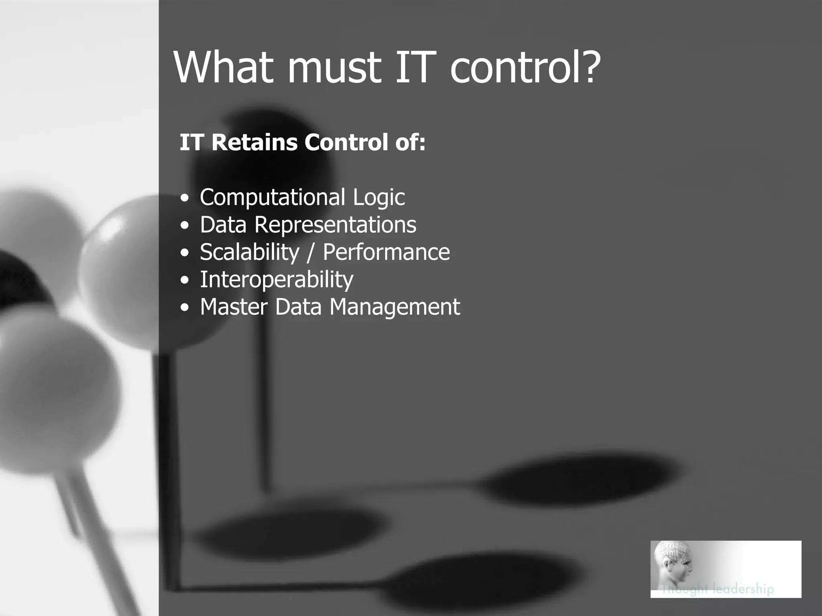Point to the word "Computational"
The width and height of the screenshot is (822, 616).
[273, 197]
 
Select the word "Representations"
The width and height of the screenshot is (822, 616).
[336, 225]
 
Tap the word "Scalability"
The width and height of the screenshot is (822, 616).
[250, 252]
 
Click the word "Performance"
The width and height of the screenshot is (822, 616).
[386, 252]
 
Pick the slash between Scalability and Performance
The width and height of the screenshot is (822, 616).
[310, 253]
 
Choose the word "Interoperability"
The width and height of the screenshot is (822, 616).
[277, 280]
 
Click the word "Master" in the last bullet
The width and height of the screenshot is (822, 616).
[234, 307]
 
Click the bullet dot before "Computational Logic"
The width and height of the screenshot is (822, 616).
[184, 199]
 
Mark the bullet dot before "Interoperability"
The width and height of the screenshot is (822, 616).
[184, 280]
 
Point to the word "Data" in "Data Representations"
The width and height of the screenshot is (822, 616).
[223, 225]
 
